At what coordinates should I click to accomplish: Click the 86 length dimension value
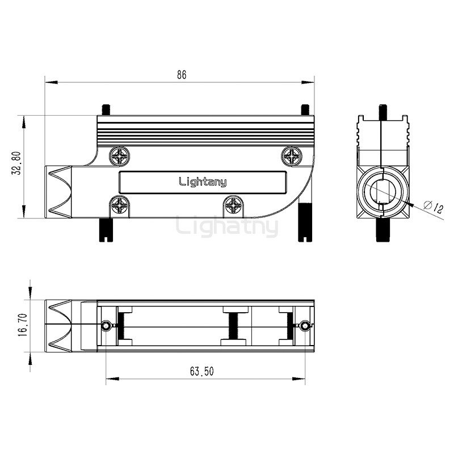click(x=181, y=74)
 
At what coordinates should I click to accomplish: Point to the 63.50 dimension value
click(x=201, y=372)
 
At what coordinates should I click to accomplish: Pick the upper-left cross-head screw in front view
click(x=120, y=156)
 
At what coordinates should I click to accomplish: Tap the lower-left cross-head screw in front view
click(x=120, y=205)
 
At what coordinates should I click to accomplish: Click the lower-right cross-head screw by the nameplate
click(x=233, y=205)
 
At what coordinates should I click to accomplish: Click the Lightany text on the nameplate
click(x=203, y=182)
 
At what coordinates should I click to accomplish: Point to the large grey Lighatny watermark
click(x=227, y=226)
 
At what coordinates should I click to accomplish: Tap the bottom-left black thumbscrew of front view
click(x=106, y=229)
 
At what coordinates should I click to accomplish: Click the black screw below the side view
click(x=382, y=230)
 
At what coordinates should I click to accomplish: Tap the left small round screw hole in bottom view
click(x=106, y=326)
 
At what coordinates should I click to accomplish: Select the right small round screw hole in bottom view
click(x=305, y=326)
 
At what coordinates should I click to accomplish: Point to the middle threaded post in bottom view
click(x=235, y=326)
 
